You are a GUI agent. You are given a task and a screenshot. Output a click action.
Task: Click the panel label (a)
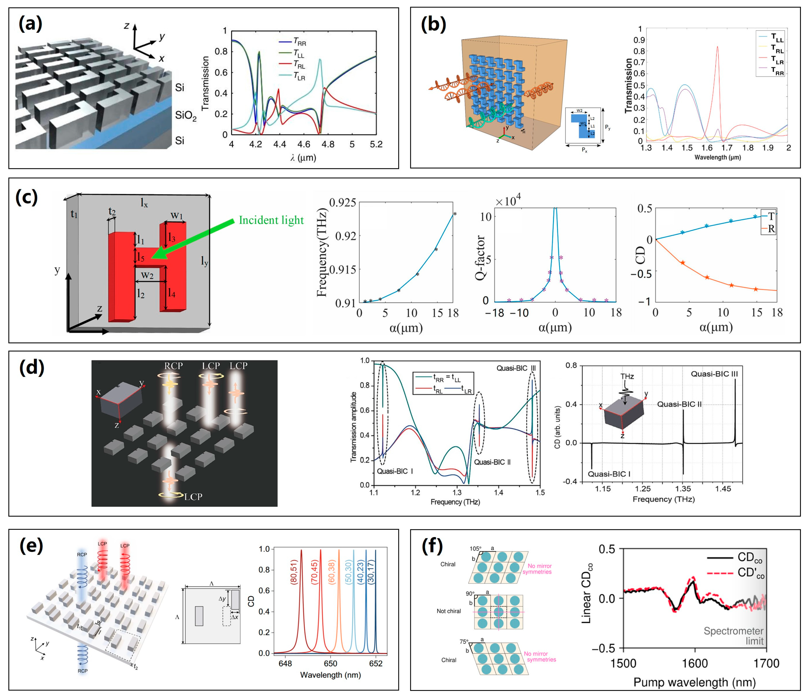[30, 24]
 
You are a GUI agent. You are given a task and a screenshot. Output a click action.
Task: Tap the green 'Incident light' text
[271, 220]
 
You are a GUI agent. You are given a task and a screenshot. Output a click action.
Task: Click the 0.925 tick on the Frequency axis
[342, 202]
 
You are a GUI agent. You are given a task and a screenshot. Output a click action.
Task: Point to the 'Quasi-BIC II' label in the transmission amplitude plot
[492, 462]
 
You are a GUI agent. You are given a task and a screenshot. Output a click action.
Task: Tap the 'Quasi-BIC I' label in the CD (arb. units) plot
[609, 474]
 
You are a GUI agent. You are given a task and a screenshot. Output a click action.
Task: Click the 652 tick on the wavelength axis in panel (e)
[376, 663]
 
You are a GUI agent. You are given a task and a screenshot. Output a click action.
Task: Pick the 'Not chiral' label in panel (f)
[448, 611]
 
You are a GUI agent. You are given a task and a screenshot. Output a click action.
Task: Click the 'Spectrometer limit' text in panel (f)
[733, 636]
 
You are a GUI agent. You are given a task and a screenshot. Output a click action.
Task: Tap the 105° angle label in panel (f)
[475, 548]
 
